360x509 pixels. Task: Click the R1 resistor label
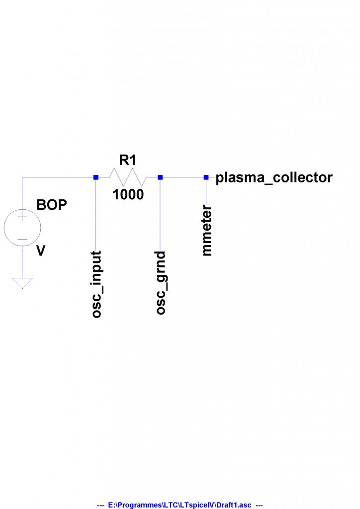(127, 160)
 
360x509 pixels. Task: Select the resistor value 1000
(128, 195)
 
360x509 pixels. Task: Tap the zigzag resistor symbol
(128, 177)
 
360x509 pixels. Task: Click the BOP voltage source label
(52, 205)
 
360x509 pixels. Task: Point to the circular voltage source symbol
(22, 229)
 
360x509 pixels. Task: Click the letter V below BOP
(41, 252)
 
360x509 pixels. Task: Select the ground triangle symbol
(22, 282)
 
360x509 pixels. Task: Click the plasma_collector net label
(274, 177)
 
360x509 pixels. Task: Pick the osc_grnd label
(161, 283)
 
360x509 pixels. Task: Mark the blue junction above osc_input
(96, 177)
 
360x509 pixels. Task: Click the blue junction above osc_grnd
(160, 177)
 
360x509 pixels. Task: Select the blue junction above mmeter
(206, 177)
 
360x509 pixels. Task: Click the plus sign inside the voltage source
(22, 217)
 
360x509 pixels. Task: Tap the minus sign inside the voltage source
(22, 240)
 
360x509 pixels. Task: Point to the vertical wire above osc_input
(96, 214)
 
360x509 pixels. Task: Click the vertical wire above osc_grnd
(160, 214)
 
